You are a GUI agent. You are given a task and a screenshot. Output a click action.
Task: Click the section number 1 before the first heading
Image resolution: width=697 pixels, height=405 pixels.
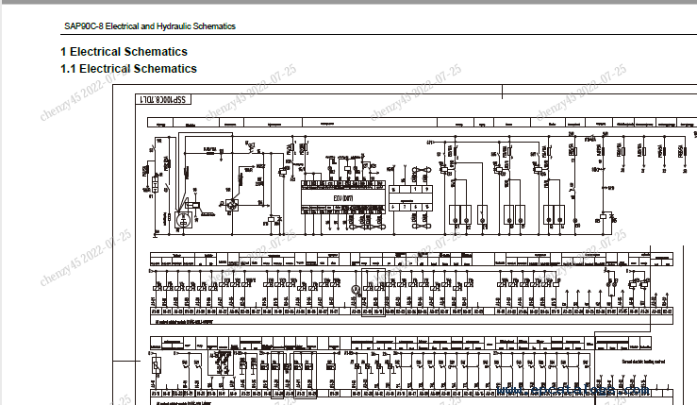[63, 52]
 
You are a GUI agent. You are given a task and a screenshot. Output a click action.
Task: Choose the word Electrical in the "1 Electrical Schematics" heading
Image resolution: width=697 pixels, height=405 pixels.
[100, 52]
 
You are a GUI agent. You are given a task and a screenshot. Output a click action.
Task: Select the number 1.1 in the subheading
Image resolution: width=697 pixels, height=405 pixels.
[68, 69]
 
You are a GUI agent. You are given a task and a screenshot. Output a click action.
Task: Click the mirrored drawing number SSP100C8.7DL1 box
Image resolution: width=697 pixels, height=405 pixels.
[163, 99]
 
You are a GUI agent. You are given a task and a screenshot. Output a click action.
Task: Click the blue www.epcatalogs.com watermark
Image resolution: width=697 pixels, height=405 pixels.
[566, 388]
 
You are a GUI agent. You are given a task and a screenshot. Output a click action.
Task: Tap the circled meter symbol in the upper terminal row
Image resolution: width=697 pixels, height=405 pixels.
[356, 289]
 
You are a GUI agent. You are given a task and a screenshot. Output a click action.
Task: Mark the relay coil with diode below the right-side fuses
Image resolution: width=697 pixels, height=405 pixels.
[604, 219]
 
